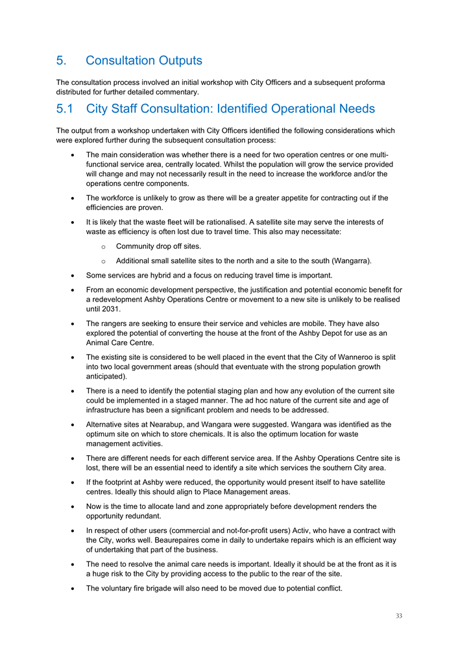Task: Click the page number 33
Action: click(x=398, y=615)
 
